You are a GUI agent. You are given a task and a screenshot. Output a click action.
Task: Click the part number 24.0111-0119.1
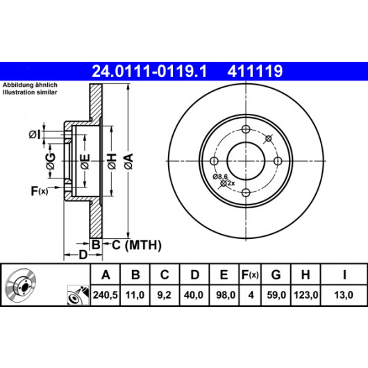click(x=149, y=71)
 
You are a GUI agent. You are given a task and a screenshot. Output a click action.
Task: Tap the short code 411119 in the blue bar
click(x=255, y=71)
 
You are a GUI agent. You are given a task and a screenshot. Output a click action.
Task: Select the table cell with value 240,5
click(x=105, y=295)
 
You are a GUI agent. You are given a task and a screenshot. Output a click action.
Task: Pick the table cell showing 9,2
click(x=165, y=295)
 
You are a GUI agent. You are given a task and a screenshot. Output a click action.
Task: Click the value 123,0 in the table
click(x=306, y=295)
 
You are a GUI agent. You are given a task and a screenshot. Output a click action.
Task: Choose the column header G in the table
click(x=276, y=274)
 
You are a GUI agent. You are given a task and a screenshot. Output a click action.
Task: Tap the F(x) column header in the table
click(x=250, y=274)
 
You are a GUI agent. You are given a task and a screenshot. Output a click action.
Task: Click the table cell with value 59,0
click(x=276, y=295)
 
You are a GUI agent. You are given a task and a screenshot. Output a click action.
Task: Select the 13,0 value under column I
click(x=344, y=295)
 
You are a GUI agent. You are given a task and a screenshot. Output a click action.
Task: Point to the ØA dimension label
click(x=129, y=161)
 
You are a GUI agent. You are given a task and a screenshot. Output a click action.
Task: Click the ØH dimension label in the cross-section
click(x=112, y=161)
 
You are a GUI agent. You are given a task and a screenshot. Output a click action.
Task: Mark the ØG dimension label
click(x=51, y=161)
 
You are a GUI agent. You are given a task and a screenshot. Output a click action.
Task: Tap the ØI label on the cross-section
click(x=35, y=135)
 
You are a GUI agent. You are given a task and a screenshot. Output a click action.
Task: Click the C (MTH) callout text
click(x=137, y=245)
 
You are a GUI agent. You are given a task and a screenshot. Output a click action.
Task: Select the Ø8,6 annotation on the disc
click(x=220, y=177)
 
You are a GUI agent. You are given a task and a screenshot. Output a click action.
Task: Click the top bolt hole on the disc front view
click(x=246, y=129)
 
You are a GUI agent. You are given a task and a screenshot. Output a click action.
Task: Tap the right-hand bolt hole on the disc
click(x=278, y=161)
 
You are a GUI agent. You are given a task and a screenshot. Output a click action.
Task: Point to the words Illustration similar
click(x=30, y=92)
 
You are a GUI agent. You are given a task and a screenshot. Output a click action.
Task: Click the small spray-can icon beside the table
click(x=78, y=295)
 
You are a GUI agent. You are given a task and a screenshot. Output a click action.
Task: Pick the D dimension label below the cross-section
click(x=83, y=255)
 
